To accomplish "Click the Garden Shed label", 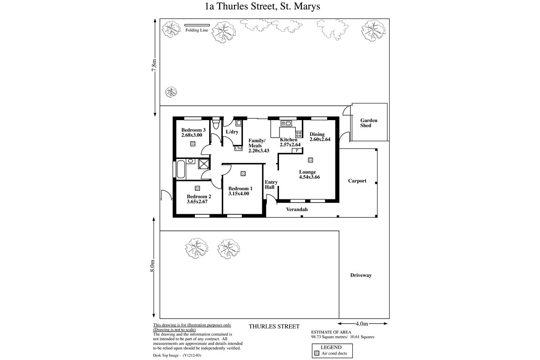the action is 369,123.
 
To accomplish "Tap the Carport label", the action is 357,181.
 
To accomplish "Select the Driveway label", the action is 360,275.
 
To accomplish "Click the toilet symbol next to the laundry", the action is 216,123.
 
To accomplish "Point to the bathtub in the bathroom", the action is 181,169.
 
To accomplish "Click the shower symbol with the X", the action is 204,164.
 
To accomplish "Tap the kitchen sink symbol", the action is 286,124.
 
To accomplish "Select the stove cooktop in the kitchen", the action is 299,134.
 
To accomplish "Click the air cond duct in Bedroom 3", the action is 193,144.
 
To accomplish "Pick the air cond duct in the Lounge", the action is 310,160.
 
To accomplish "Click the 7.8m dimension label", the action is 154,65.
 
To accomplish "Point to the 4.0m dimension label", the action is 362,324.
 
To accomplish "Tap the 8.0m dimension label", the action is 153,266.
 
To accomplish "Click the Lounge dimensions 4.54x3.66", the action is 309,177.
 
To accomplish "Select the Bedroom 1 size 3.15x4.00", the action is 238,193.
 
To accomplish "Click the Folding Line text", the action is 197,30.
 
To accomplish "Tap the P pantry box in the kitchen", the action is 297,151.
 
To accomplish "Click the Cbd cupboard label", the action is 238,148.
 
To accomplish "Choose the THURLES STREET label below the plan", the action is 274,327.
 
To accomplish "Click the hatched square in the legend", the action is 317,354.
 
